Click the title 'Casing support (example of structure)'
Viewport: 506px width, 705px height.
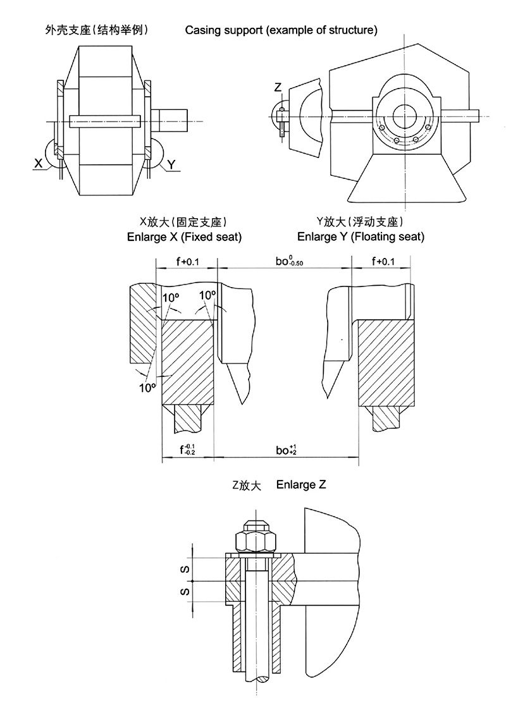point(281,30)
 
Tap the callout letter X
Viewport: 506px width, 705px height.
point(39,163)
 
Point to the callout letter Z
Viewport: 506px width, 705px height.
point(277,87)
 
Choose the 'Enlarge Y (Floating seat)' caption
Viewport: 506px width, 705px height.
point(361,236)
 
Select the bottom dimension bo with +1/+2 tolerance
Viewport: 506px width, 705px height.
point(286,450)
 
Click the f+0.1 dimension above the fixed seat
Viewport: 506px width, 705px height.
point(187,262)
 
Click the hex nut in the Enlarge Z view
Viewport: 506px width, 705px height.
point(256,541)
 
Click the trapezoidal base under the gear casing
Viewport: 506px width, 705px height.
point(405,180)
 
